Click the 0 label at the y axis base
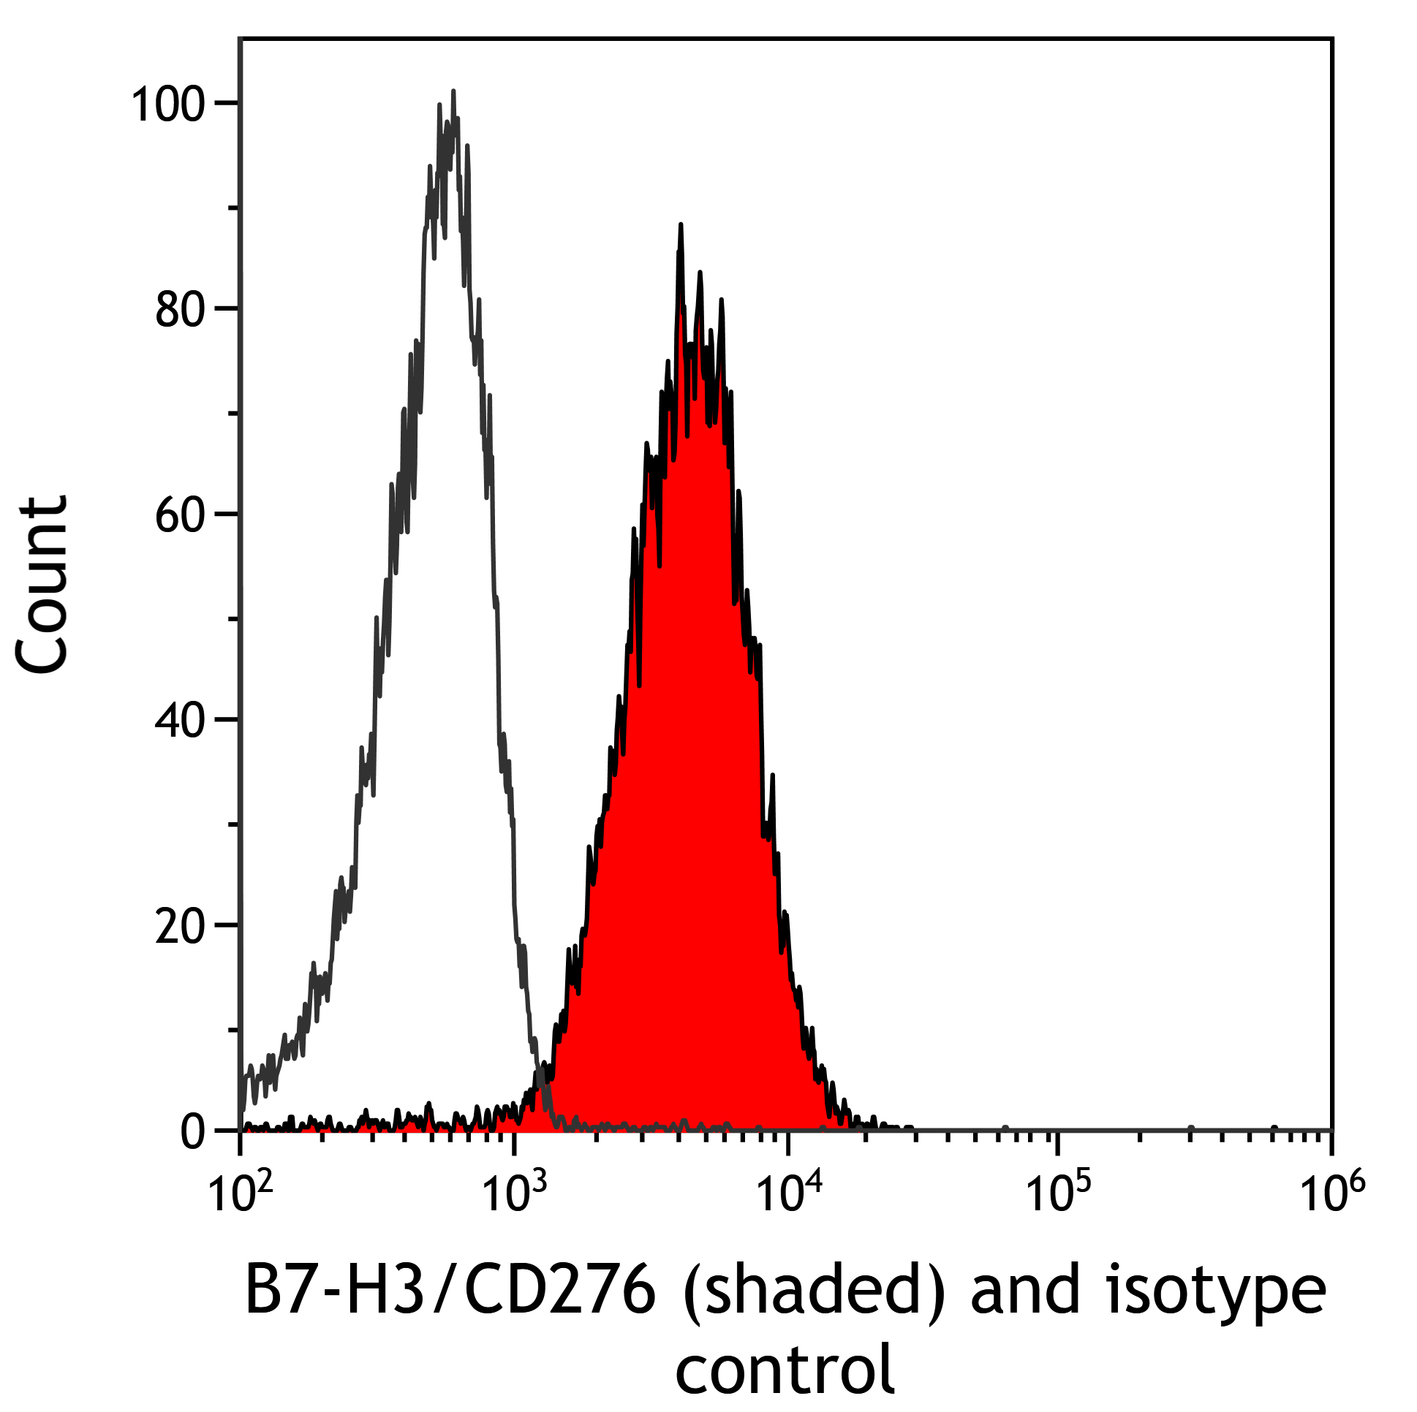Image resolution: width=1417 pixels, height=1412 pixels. pyautogui.click(x=192, y=1134)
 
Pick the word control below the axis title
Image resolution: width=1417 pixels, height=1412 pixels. pyautogui.click(x=784, y=1368)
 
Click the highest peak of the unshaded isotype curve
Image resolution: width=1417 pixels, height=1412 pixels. pyautogui.click(x=453, y=92)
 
